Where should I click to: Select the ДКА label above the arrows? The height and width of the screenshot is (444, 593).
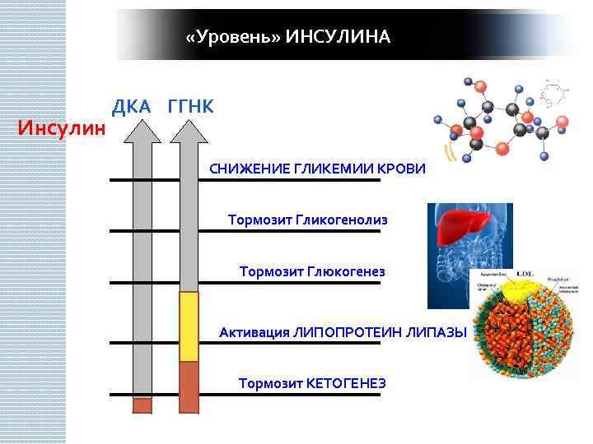pyautogui.click(x=132, y=106)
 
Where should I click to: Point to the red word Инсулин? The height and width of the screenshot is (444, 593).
pyautogui.click(x=63, y=128)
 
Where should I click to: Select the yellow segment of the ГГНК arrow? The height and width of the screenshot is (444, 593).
pyautogui.click(x=189, y=326)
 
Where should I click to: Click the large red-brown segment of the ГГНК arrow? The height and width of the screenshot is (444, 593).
pyautogui.click(x=189, y=386)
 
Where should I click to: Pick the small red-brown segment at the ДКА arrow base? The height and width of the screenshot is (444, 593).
pyautogui.click(x=142, y=405)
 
